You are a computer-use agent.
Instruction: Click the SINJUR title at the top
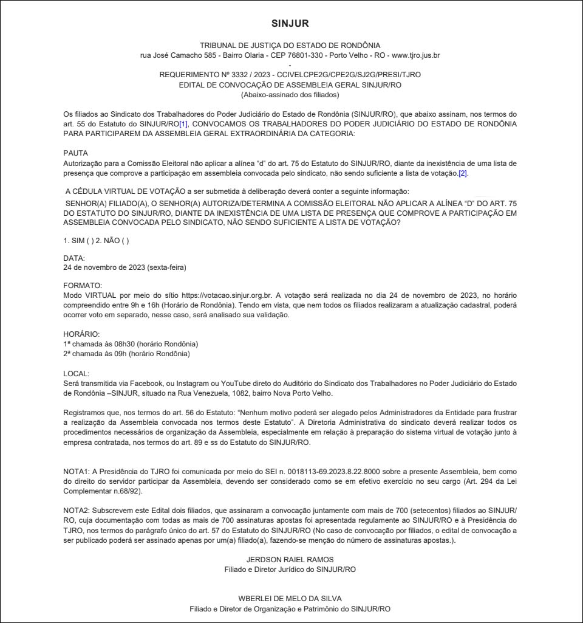pyautogui.click(x=290, y=24)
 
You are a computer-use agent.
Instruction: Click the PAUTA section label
pyautogui.click(x=76, y=154)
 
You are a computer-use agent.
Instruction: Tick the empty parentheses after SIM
pyautogui.click(x=90, y=241)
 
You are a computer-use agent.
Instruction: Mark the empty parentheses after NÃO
pyautogui.click(x=124, y=241)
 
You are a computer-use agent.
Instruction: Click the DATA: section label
pyautogui.click(x=74, y=259)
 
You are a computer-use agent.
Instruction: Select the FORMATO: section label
pyautogui.click(x=83, y=285)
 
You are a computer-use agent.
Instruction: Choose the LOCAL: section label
pyautogui.click(x=77, y=373)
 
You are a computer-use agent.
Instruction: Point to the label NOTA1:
pyautogui.click(x=77, y=471)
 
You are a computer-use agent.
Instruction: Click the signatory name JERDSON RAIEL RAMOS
pyautogui.click(x=290, y=559)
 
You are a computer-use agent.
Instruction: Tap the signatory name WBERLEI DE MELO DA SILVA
pyautogui.click(x=290, y=599)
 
